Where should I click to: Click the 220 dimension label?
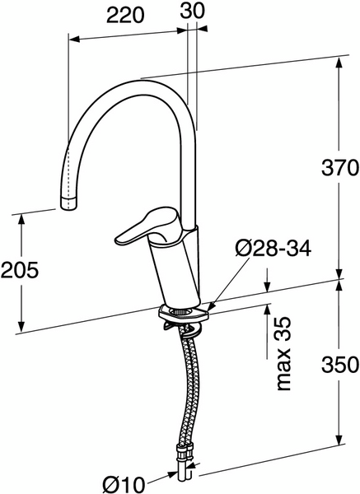click(125, 15)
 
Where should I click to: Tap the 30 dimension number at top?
click(192, 11)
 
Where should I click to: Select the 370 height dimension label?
click(340, 167)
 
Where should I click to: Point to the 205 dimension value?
click(20, 270)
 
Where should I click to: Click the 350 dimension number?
click(340, 365)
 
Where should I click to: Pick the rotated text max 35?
click(283, 353)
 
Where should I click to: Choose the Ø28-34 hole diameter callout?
click(273, 249)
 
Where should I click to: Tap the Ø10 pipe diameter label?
click(124, 484)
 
